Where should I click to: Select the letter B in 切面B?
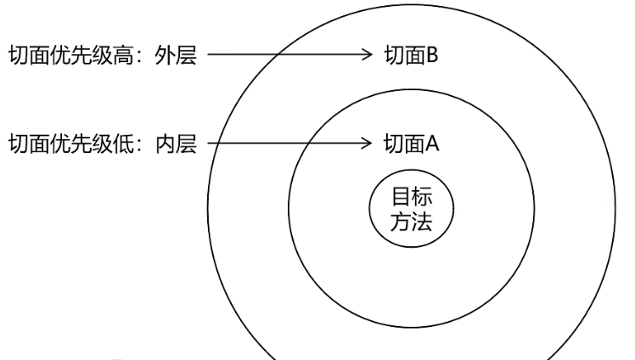point(431,58)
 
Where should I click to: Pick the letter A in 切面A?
point(431,143)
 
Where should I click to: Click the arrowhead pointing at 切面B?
point(368,57)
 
